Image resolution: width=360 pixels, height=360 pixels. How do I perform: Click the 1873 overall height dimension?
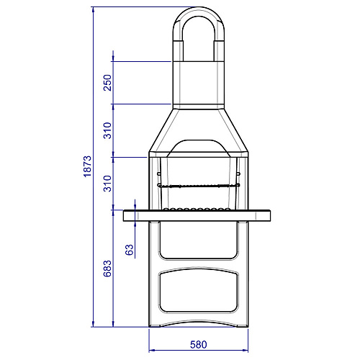coord(88,166)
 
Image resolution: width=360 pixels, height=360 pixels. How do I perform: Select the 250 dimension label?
coord(107,83)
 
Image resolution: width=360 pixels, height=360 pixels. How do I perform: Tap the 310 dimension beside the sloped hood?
coord(107,130)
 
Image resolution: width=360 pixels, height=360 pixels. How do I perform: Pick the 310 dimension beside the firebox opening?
coord(107,184)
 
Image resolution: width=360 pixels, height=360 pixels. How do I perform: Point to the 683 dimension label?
coord(107,269)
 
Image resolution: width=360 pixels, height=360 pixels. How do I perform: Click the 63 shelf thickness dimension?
coord(130,250)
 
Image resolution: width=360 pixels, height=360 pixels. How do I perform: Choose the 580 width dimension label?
coord(199,345)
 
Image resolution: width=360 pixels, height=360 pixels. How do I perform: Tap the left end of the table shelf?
coord(124,215)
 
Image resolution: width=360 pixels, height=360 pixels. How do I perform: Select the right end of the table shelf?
coord(270,215)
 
